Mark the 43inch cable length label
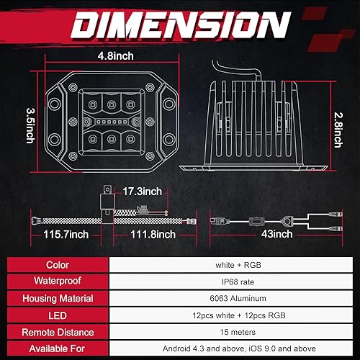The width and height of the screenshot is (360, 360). [x=278, y=234]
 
